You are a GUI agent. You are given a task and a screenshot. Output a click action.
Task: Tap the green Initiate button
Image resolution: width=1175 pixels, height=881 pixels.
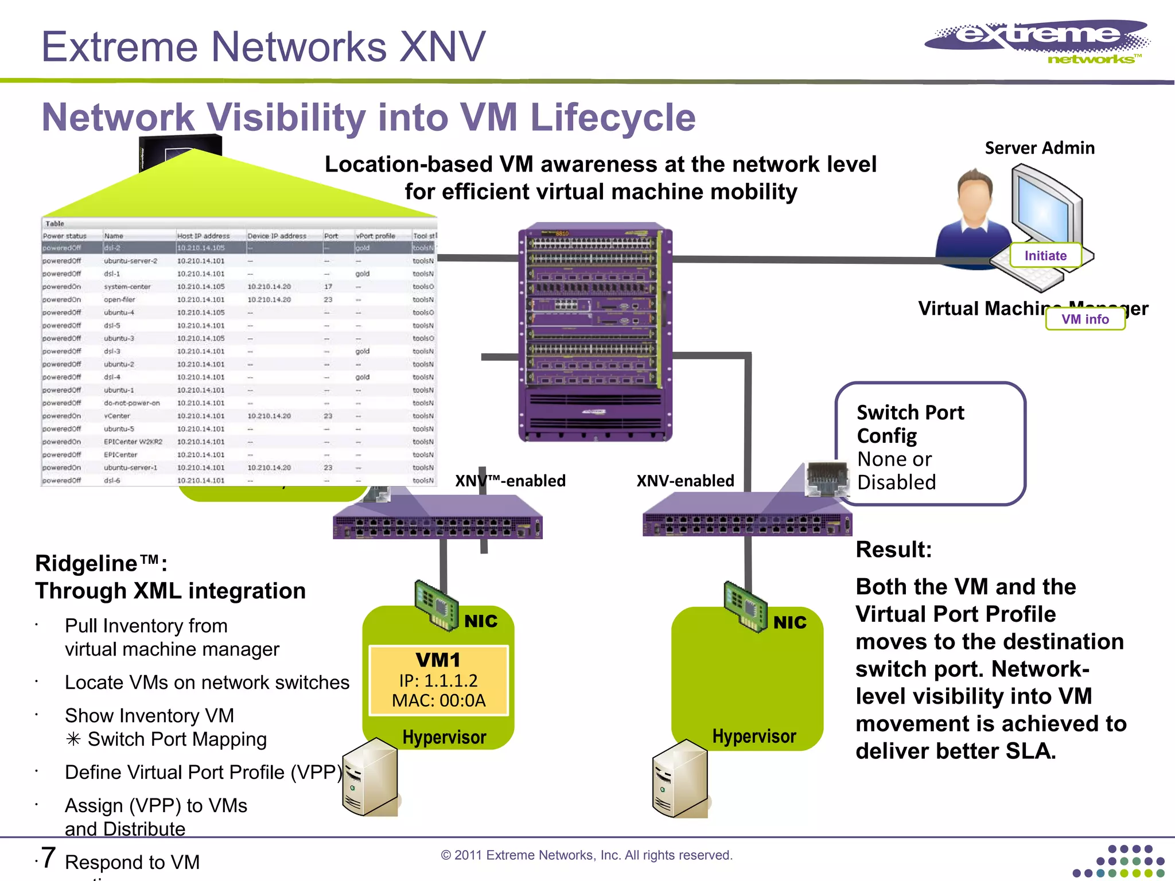click(1045, 256)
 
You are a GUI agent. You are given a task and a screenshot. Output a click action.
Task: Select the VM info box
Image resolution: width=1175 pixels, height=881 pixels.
click(1085, 319)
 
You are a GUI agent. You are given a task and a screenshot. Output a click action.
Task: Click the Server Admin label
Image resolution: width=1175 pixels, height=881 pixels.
click(1040, 148)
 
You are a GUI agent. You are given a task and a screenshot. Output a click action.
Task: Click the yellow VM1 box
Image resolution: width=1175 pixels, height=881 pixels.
click(438, 680)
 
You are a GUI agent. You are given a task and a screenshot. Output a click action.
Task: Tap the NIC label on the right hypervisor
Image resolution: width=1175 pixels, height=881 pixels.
click(789, 622)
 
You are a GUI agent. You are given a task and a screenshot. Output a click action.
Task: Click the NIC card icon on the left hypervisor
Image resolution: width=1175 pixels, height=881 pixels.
click(436, 605)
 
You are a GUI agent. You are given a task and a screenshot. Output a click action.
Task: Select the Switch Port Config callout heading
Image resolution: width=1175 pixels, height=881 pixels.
click(910, 424)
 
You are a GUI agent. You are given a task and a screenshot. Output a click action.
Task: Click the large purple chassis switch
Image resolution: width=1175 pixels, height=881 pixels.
click(595, 332)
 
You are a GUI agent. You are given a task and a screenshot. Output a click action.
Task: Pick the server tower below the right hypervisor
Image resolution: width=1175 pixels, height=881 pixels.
click(680, 778)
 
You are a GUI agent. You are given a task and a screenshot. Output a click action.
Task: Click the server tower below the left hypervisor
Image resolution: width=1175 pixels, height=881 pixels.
click(370, 777)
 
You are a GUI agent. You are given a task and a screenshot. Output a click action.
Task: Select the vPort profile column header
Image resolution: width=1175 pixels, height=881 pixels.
click(375, 236)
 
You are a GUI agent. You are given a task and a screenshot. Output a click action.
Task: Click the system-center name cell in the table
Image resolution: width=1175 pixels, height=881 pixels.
click(127, 287)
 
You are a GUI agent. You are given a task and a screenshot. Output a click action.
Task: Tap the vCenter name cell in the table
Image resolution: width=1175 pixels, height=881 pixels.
click(117, 416)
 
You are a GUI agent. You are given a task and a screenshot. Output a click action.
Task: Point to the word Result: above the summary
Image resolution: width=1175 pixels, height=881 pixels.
click(893, 549)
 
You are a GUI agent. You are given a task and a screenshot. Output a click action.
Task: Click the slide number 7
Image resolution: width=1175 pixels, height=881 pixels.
click(48, 858)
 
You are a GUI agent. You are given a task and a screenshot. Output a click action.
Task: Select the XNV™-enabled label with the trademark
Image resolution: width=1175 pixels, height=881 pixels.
click(510, 481)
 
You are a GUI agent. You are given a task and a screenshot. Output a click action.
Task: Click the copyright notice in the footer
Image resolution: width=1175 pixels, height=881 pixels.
click(586, 855)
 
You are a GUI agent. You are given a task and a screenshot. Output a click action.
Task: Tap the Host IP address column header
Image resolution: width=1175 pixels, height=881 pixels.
click(203, 236)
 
